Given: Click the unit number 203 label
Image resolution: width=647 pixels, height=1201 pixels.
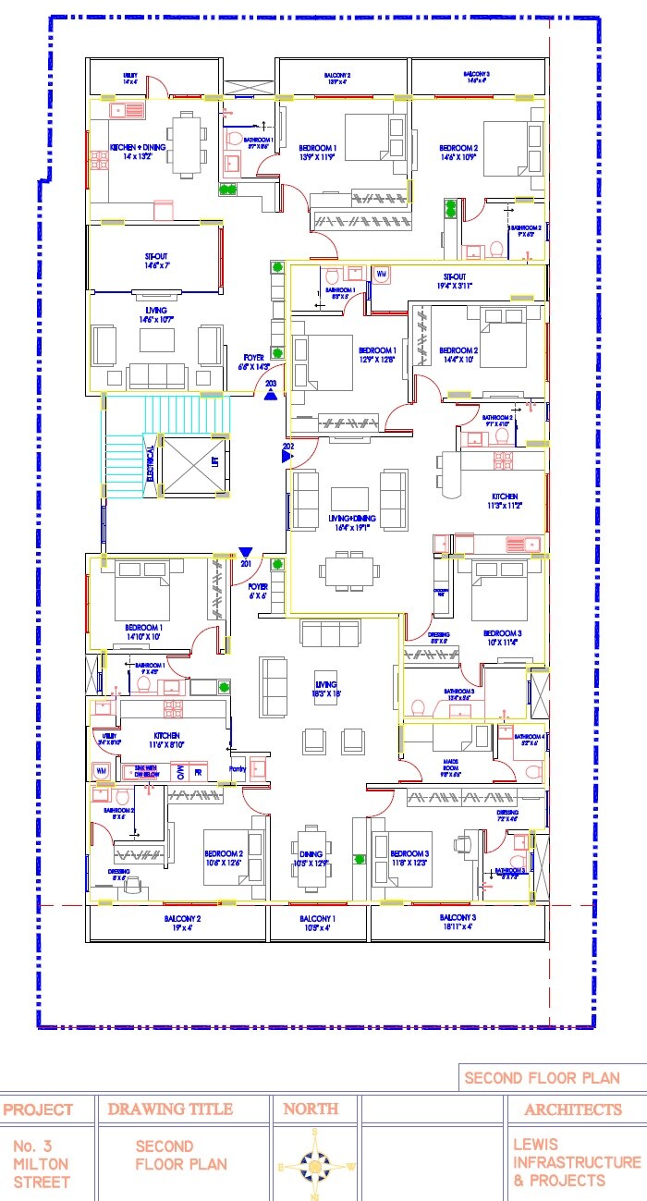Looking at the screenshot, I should click(271, 382).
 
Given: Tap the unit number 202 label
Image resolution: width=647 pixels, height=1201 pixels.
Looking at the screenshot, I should click(287, 447).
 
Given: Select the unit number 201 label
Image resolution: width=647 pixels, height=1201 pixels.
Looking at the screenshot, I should click(246, 563).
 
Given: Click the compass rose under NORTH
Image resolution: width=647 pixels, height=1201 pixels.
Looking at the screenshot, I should click(315, 1166).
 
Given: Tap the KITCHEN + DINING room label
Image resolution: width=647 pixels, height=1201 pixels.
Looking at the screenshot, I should click(138, 150).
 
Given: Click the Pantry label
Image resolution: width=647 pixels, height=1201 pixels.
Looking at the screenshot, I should click(236, 767).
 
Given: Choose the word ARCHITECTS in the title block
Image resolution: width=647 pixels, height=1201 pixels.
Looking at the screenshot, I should click(574, 1109).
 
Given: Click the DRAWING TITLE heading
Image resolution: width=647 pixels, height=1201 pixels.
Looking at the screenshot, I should click(170, 1109).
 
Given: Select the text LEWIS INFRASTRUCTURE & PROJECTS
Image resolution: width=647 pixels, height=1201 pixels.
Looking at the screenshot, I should click(576, 1162).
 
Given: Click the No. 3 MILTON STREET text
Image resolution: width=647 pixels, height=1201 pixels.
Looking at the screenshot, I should click(41, 1163).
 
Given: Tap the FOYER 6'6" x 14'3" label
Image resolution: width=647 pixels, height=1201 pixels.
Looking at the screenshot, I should click(254, 362).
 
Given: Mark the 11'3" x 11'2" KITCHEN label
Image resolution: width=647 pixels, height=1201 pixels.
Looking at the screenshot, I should click(504, 501).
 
